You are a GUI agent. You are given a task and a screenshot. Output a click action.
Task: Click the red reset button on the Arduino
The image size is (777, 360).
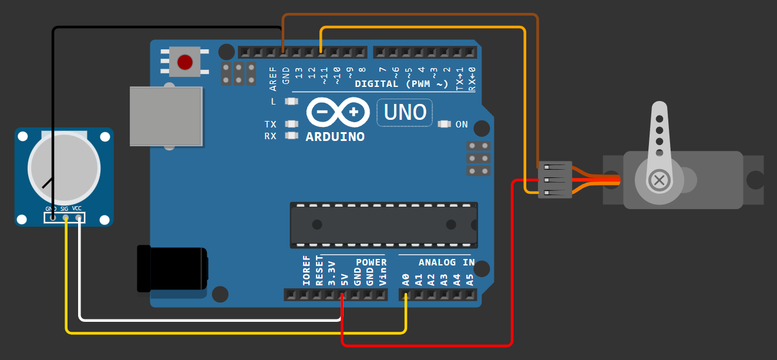tap(185, 62)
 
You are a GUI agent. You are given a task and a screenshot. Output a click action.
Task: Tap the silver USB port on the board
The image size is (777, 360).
tap(166, 116)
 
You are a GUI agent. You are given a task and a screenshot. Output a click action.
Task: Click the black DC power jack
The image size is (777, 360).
tap(173, 268)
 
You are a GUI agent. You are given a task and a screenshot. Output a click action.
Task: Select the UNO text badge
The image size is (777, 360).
tap(405, 112)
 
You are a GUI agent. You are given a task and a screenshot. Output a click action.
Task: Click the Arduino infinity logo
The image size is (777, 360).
tap(338, 112)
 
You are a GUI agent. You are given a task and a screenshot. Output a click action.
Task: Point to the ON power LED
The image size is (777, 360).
tap(445, 124)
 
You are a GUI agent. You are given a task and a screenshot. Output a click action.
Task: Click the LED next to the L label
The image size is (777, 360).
tap(291, 101)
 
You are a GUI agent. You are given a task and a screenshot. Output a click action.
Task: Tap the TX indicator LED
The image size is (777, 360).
tap(291, 124)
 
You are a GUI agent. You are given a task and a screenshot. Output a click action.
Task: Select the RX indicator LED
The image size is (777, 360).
tap(291, 136)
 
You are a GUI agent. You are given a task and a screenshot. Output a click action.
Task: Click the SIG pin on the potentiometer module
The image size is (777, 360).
tap(66, 218)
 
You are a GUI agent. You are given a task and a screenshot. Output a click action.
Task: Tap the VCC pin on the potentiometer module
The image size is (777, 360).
tap(79, 218)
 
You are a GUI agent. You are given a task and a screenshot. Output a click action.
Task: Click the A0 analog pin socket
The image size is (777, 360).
tap(406, 295)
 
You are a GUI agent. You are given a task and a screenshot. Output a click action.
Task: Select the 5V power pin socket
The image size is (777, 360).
tap(342, 295)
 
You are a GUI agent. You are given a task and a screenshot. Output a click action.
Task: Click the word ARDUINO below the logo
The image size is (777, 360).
tap(335, 137)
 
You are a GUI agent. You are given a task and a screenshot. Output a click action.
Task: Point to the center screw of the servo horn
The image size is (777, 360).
tap(659, 180)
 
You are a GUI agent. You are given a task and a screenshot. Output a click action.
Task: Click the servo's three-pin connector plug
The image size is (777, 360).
tap(554, 180)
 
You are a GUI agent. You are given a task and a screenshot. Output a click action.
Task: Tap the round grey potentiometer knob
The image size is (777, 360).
tap(64, 168)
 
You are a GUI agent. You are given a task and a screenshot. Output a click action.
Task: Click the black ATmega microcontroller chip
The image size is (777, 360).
tap(384, 225)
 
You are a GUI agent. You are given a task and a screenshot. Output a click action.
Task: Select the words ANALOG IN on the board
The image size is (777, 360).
tap(446, 263)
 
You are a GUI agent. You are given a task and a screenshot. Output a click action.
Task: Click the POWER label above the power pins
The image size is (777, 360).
tap(371, 263)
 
